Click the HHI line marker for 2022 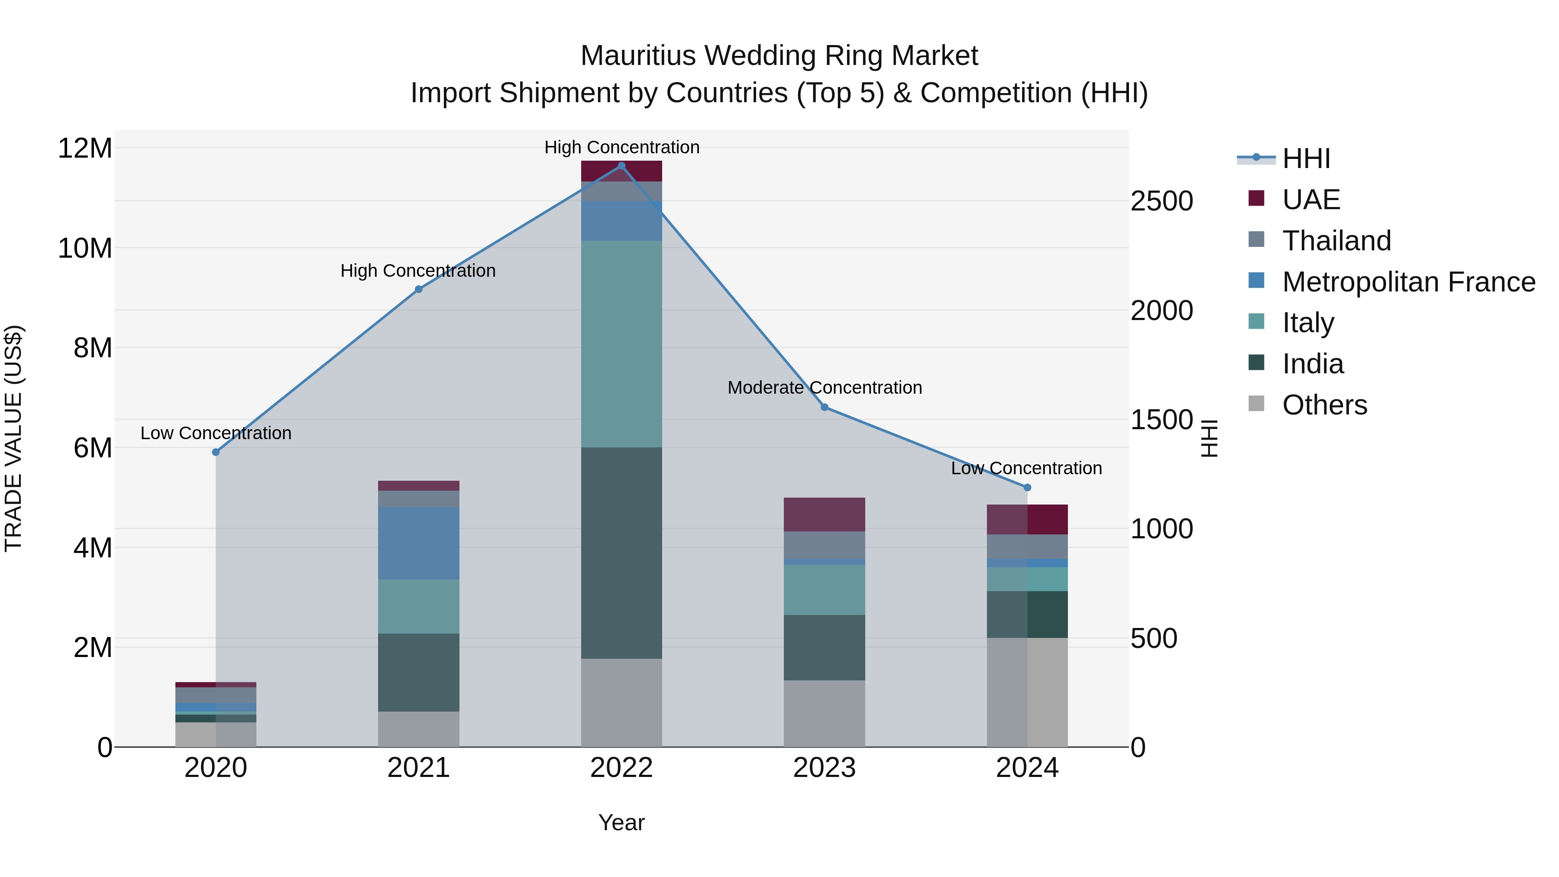(621, 166)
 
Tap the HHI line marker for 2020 (216, 452)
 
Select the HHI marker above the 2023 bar (824, 408)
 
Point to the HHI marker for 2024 (1027, 487)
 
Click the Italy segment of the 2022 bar (621, 344)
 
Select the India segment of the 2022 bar (621, 553)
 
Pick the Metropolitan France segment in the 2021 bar (418, 543)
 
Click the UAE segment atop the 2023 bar (824, 515)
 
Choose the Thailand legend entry (1336, 241)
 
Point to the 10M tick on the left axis (85, 248)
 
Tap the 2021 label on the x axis (418, 768)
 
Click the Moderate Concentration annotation (824, 387)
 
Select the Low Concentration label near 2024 (1026, 468)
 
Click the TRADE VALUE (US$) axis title (14, 438)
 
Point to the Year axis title (621, 822)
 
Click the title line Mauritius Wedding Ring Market (779, 56)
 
